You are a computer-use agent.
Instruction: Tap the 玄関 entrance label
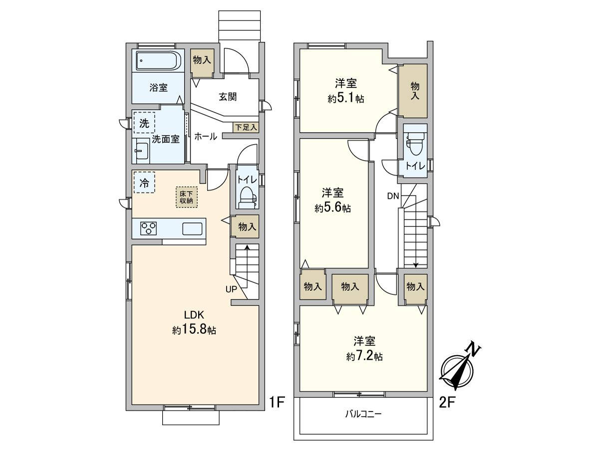coord(227,97)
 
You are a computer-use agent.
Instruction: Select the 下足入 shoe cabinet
coord(245,127)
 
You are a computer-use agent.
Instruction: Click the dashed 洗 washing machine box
coord(144,123)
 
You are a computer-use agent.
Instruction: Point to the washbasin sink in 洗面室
coord(142,151)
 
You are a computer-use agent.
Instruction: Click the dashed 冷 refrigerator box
coord(144,183)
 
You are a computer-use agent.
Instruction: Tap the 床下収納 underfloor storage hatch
coord(187,197)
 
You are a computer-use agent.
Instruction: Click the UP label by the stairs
coord(231,289)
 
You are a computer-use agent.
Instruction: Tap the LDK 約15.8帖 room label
coord(194,322)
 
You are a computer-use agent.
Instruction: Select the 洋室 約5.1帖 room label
coord(346,91)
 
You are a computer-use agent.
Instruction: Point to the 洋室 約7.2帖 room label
coord(364,349)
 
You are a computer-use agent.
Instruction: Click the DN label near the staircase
coord(392,196)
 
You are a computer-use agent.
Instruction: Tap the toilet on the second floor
coord(415,145)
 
